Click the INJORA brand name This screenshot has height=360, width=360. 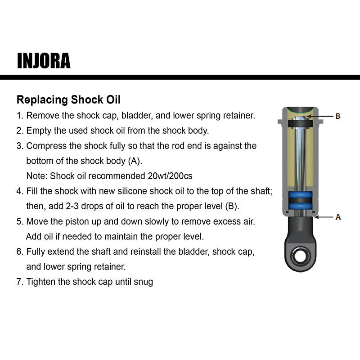click(x=44, y=60)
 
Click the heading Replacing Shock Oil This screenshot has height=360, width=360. click(x=68, y=99)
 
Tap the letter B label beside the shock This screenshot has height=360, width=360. click(x=338, y=116)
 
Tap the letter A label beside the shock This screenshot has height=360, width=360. click(x=338, y=217)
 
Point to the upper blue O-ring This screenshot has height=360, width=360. click(x=300, y=196)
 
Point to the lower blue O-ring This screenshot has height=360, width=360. click(x=300, y=206)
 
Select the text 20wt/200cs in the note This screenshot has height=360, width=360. click(x=170, y=175)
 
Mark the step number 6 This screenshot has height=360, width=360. click(x=19, y=252)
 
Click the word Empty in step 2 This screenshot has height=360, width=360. click(x=37, y=130)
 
